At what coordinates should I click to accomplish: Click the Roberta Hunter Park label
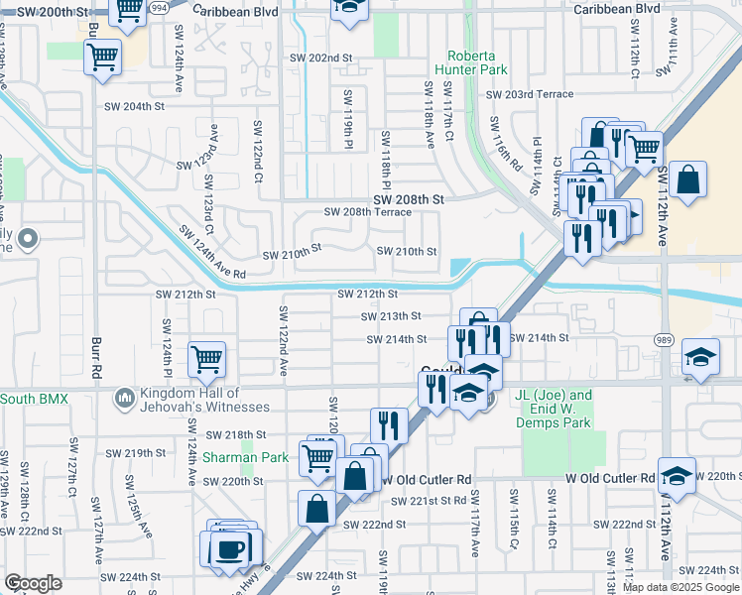coord(477,62)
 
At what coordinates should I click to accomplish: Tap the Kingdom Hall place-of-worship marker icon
coord(124,399)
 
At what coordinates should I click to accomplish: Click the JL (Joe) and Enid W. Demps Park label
coord(554,409)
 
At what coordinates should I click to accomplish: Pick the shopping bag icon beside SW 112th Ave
coord(687,181)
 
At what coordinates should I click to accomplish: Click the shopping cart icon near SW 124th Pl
coord(206,359)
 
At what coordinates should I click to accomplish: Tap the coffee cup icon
coord(233,547)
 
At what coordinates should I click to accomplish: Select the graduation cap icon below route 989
coord(700,357)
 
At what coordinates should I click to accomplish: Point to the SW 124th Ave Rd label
coord(212,252)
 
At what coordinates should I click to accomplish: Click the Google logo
coord(34,583)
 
